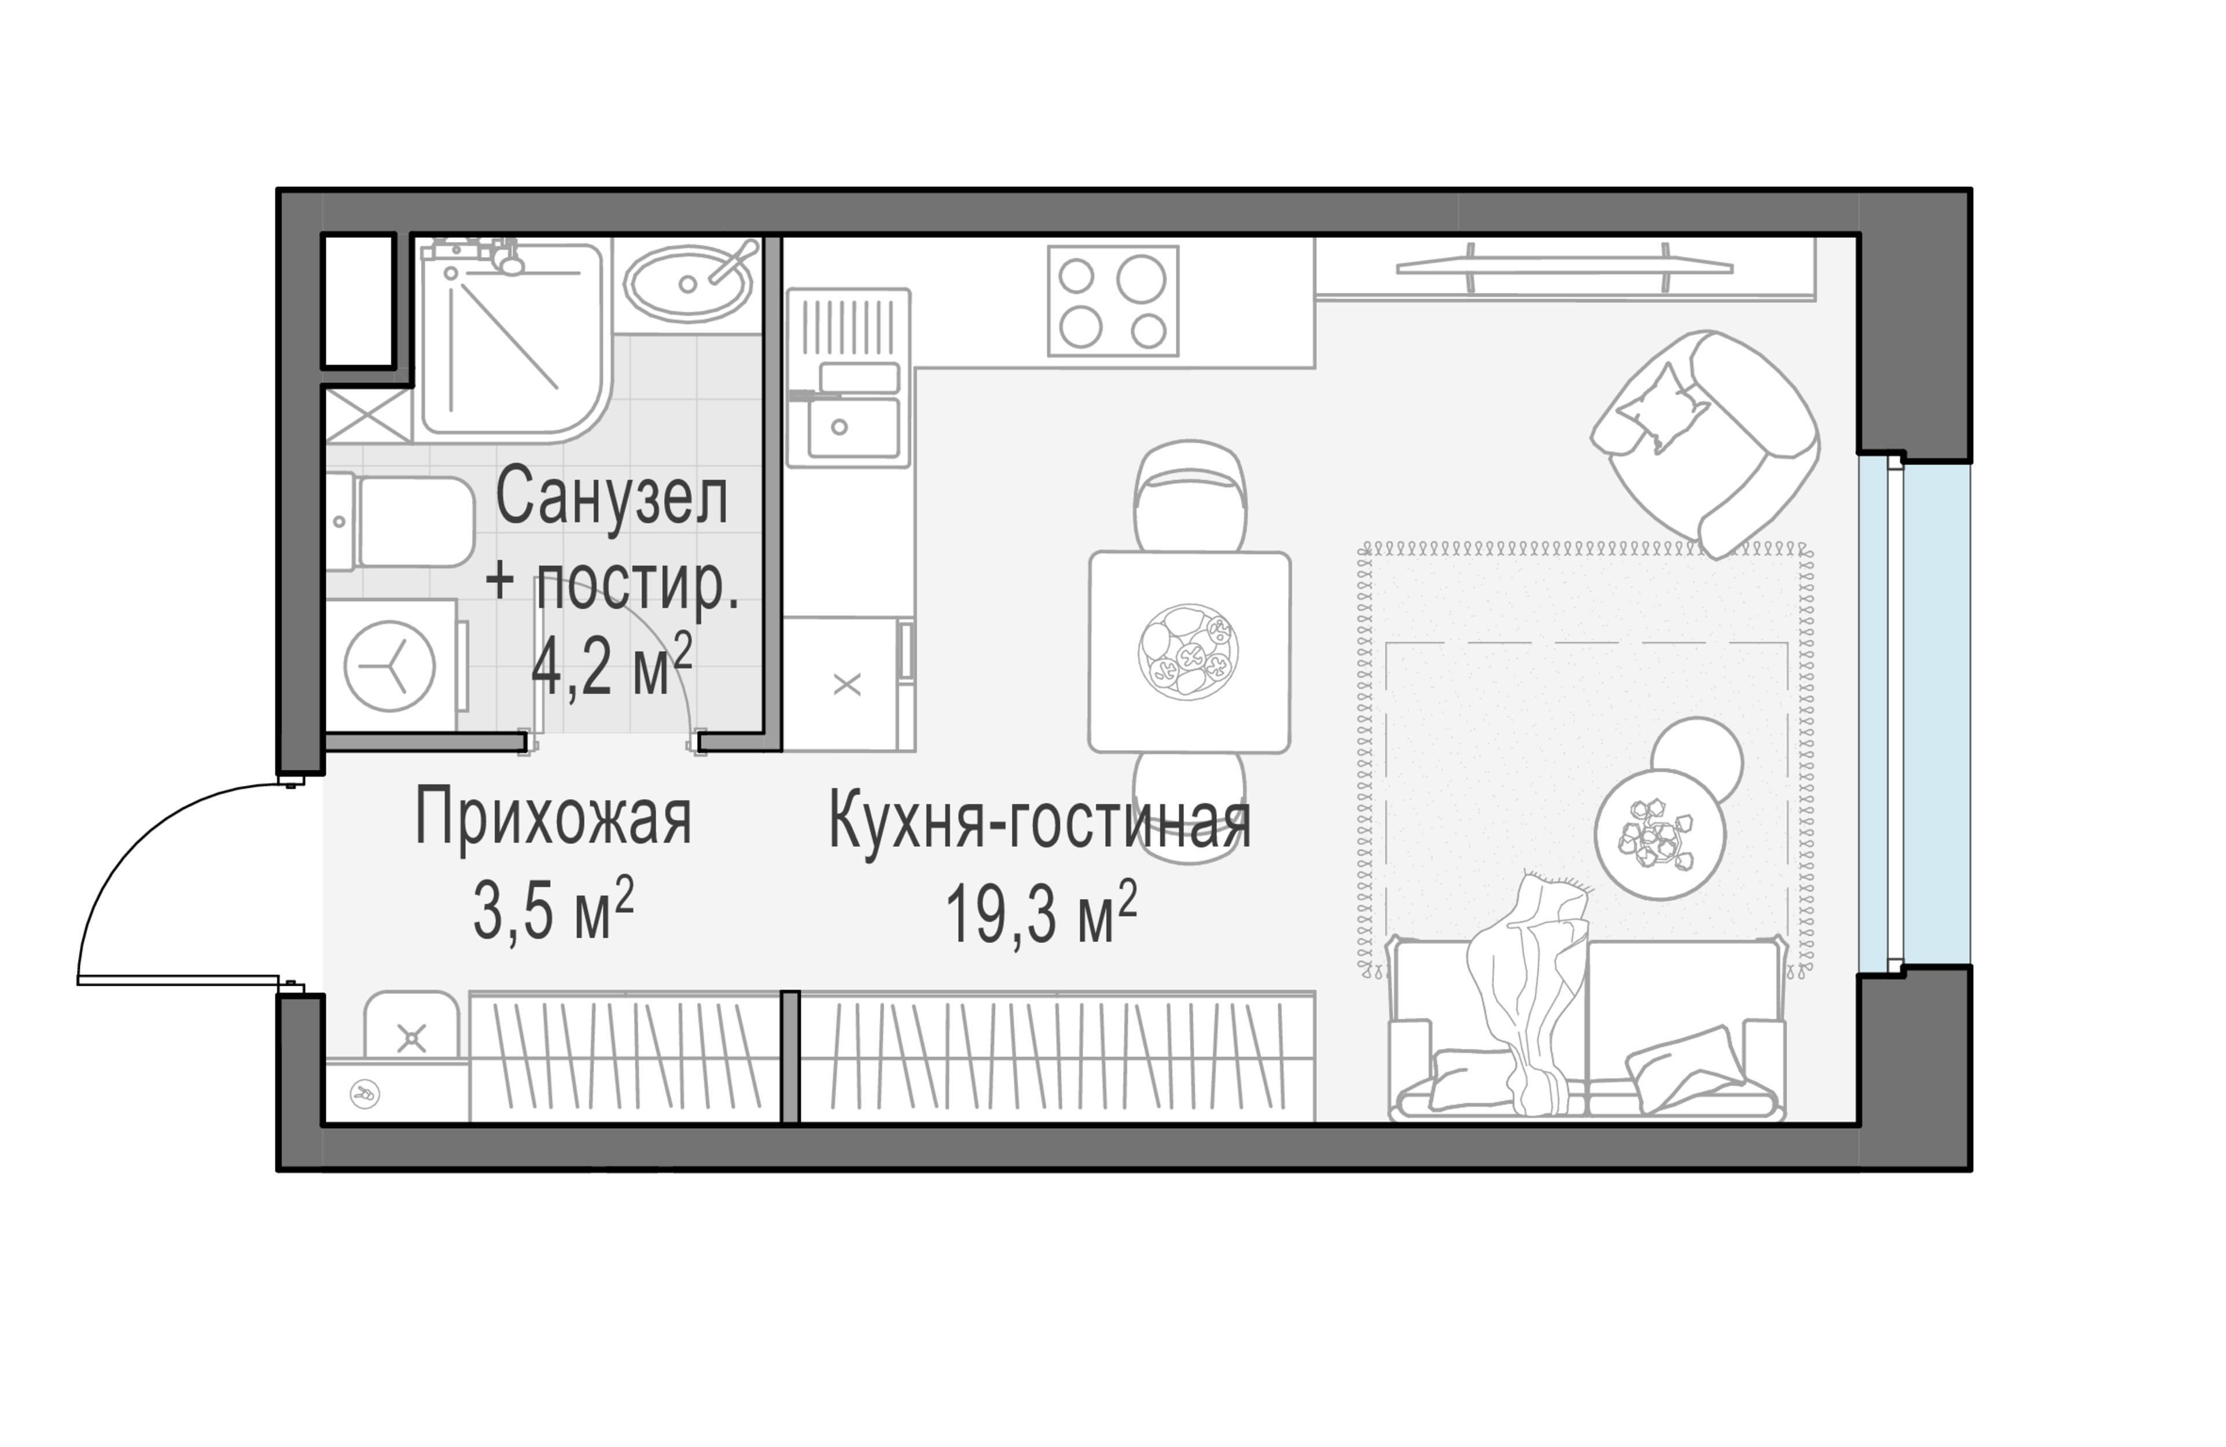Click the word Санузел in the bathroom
[611, 498]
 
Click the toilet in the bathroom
[402, 522]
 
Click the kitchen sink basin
[853, 428]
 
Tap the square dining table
[1189, 652]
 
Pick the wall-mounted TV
[1564, 267]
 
